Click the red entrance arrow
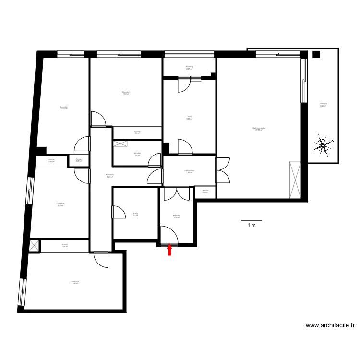click(x=169, y=250)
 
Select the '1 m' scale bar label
click(x=252, y=225)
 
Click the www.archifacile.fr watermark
click(x=330, y=325)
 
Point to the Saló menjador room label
click(x=259, y=129)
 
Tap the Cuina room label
click(x=189, y=117)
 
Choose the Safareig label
click(x=189, y=67)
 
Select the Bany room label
click(x=135, y=214)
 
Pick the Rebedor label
click(x=176, y=216)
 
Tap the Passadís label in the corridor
click(x=109, y=175)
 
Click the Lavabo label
click(x=137, y=154)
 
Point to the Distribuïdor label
click(x=189, y=171)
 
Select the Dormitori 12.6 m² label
click(x=74, y=282)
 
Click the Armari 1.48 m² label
click(x=64, y=245)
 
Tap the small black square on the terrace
click(x=316, y=54)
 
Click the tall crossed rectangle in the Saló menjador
click(x=295, y=180)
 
